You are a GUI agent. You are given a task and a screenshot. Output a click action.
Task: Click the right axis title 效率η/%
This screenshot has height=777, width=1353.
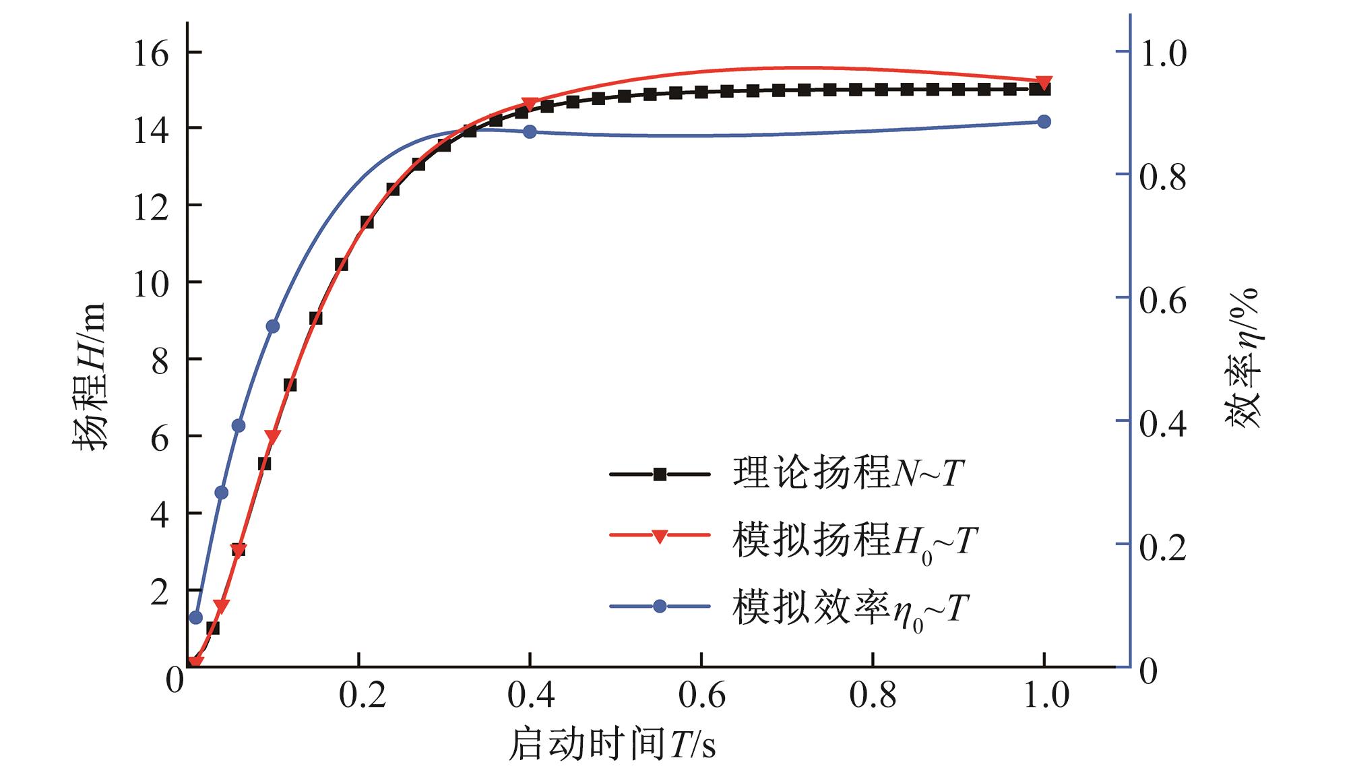[x=1241, y=357]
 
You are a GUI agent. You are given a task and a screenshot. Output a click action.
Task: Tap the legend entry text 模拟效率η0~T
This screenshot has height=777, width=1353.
[x=851, y=609]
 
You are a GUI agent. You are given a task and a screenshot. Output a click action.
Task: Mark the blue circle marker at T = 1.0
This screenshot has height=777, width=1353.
[x=1044, y=122]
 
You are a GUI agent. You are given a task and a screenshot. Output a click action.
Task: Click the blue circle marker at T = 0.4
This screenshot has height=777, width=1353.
[x=530, y=132]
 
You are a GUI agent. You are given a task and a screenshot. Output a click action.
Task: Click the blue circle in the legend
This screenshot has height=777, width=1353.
[x=660, y=607]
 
